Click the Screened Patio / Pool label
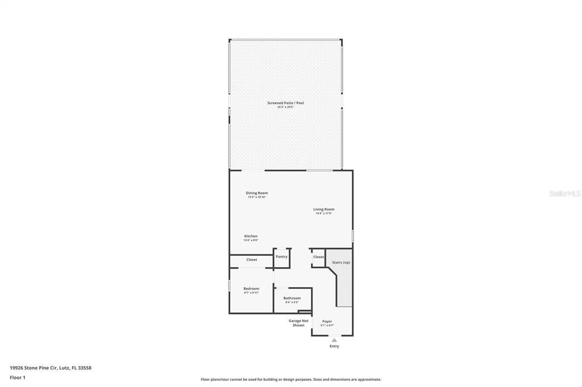(x=285, y=103)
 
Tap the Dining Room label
(x=256, y=193)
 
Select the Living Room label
(x=323, y=209)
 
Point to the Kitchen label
(x=251, y=236)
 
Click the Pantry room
(x=281, y=257)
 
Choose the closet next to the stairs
(x=318, y=257)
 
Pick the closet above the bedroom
(x=251, y=260)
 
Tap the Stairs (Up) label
(x=341, y=262)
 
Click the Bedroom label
(x=251, y=288)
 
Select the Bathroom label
(x=292, y=298)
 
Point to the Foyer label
(x=327, y=321)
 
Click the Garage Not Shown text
(x=298, y=323)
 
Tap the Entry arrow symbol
(x=334, y=340)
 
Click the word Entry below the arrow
(x=334, y=346)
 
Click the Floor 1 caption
(x=18, y=377)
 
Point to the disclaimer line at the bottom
(x=290, y=380)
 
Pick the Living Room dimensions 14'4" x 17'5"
(x=323, y=213)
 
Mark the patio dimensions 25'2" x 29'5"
(x=285, y=107)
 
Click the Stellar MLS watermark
(x=564, y=194)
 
